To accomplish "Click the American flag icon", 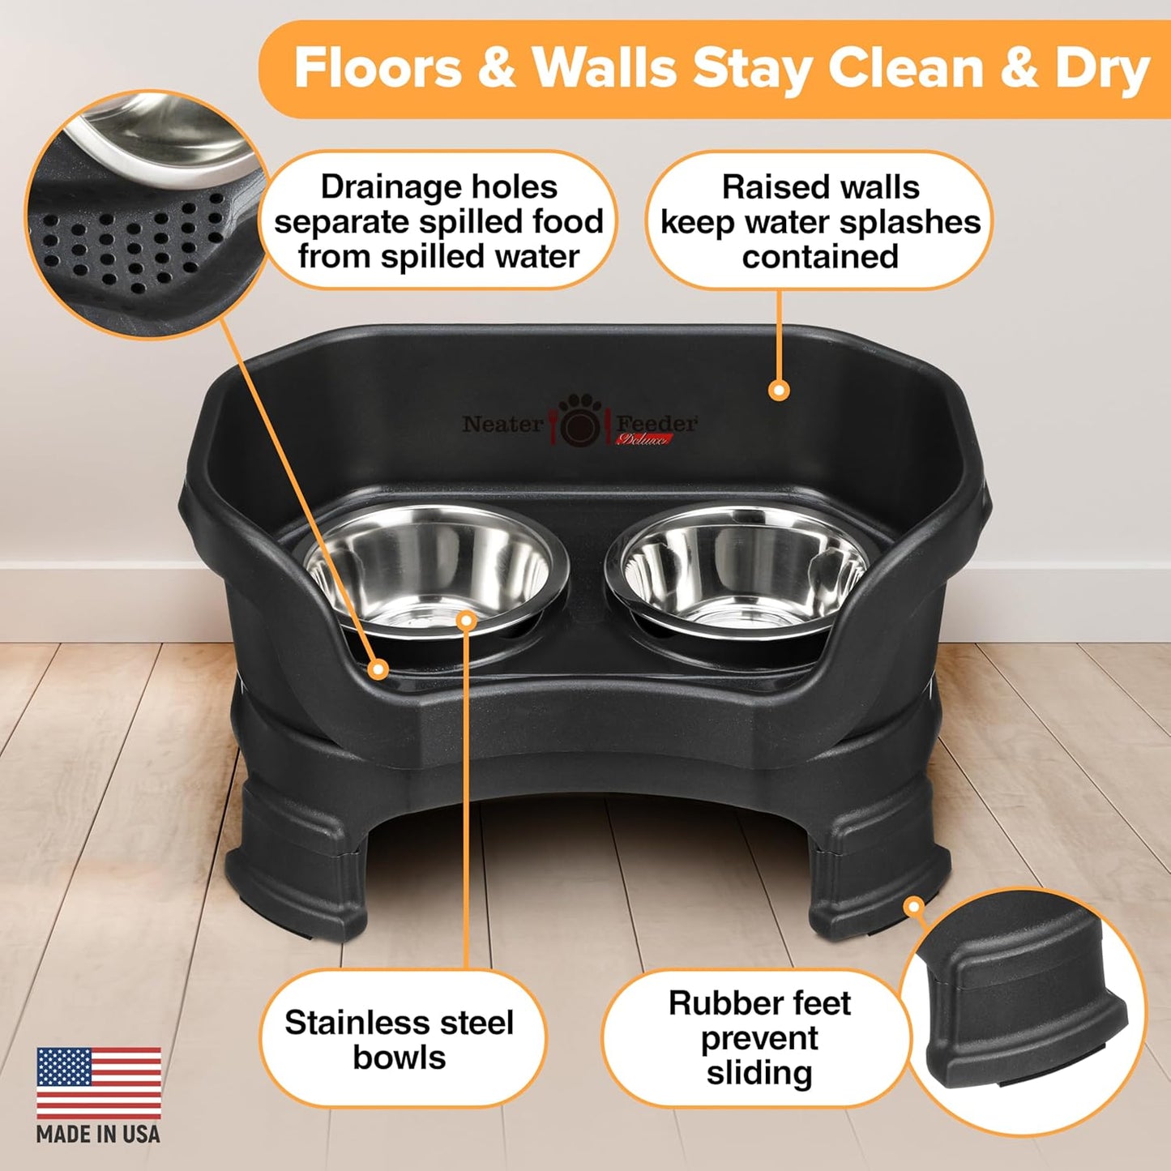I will [x=98, y=1082].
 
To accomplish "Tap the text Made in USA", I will [x=98, y=1135].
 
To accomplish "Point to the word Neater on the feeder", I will [x=502, y=424].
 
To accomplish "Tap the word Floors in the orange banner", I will [x=377, y=68].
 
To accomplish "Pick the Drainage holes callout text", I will [x=438, y=221].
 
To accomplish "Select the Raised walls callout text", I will [x=820, y=221].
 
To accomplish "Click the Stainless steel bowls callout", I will [x=400, y=1040].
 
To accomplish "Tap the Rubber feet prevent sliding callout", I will [x=759, y=1038].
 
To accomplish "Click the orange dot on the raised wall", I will [x=779, y=391].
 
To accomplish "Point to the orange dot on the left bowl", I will [x=466, y=621].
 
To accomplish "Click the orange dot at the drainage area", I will [x=378, y=669].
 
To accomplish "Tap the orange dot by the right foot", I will [x=914, y=906].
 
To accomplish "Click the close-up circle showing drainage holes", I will [x=146, y=215].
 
